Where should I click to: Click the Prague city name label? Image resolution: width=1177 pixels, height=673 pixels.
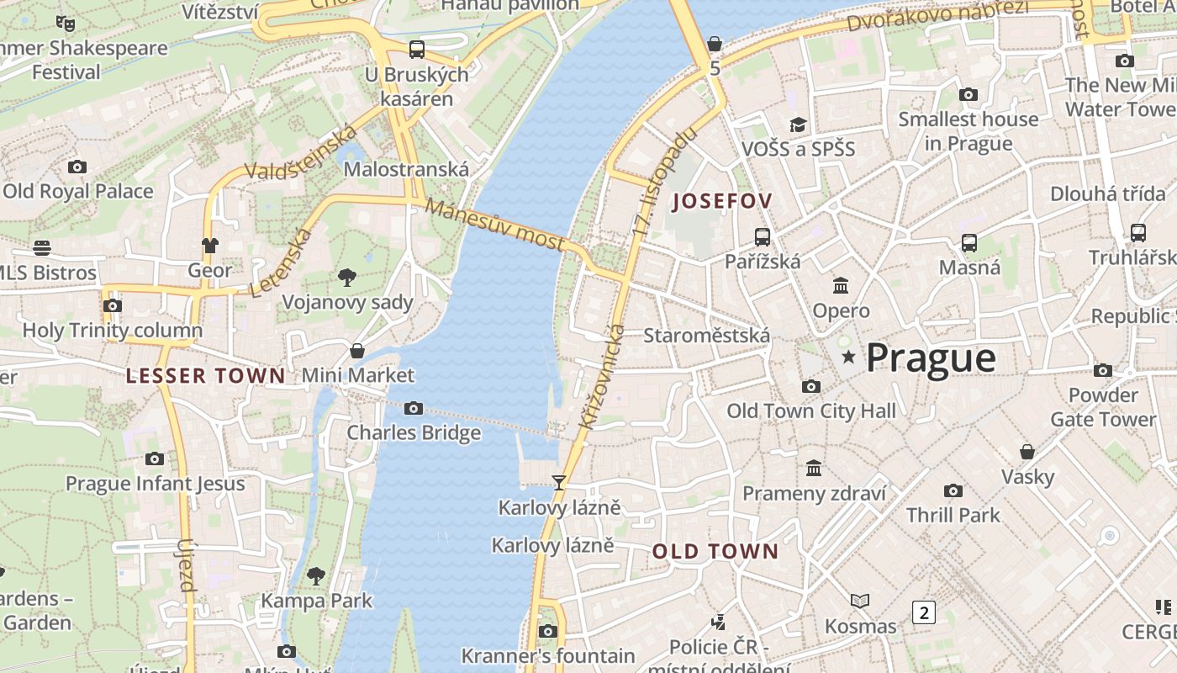click(931, 358)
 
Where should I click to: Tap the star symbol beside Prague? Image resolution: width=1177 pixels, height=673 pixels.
click(849, 358)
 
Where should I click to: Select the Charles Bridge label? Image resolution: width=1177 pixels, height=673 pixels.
click(414, 432)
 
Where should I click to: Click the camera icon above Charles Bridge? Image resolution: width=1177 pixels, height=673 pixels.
click(414, 408)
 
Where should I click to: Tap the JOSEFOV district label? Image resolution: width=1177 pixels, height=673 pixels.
click(722, 201)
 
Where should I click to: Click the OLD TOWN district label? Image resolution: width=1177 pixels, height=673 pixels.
click(715, 552)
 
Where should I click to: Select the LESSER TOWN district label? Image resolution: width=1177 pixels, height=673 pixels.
click(206, 376)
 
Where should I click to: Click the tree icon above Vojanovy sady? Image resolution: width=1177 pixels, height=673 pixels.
click(346, 277)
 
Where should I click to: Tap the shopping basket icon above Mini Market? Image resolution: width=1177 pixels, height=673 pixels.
click(357, 350)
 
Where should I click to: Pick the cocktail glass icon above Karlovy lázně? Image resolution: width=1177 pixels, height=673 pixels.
click(558, 483)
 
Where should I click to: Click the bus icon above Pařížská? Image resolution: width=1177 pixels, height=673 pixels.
click(763, 236)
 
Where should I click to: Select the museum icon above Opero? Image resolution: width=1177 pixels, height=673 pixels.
click(841, 285)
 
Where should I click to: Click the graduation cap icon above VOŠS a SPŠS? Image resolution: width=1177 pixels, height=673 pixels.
click(797, 125)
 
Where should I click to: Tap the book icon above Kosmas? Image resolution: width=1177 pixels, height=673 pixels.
click(859, 601)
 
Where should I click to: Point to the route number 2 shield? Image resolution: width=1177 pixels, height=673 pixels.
click(923, 612)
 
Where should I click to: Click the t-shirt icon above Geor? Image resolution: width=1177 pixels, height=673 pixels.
click(209, 245)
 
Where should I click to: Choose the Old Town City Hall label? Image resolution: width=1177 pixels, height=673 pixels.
click(811, 411)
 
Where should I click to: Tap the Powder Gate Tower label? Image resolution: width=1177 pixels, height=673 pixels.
click(1102, 407)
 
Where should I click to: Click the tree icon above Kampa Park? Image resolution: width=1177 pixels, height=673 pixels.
click(316, 575)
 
